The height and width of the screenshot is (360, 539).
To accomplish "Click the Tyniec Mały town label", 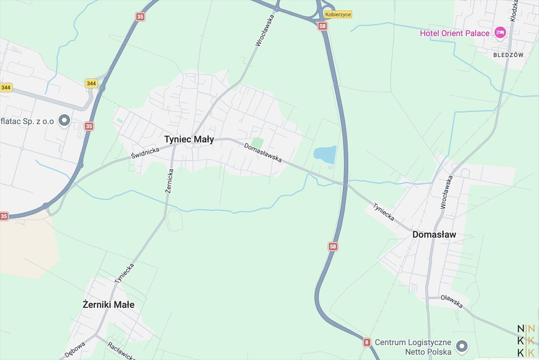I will tap(189, 139).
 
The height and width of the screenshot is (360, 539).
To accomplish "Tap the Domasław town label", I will tap(434, 234).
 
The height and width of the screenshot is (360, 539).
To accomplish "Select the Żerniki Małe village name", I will tap(108, 305).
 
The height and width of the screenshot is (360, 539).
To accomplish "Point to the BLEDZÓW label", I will tap(509, 55).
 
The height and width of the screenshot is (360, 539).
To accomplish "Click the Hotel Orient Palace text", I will tap(455, 33).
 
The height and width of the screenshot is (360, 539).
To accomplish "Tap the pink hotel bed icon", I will tap(500, 33).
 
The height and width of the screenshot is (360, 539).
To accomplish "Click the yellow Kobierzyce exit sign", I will tap(337, 15).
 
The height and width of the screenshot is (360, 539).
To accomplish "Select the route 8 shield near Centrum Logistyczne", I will tap(367, 342).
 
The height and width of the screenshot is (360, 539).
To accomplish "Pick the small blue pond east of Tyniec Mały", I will tap(325, 154).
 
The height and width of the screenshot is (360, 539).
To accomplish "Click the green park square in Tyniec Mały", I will tap(257, 142).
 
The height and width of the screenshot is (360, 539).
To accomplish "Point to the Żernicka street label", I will tap(170, 179).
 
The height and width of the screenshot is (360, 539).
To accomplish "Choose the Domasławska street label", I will tap(263, 153).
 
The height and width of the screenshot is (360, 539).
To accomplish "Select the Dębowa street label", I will tap(75, 350).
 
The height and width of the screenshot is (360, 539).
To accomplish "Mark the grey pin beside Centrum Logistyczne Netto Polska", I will tap(462, 346).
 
